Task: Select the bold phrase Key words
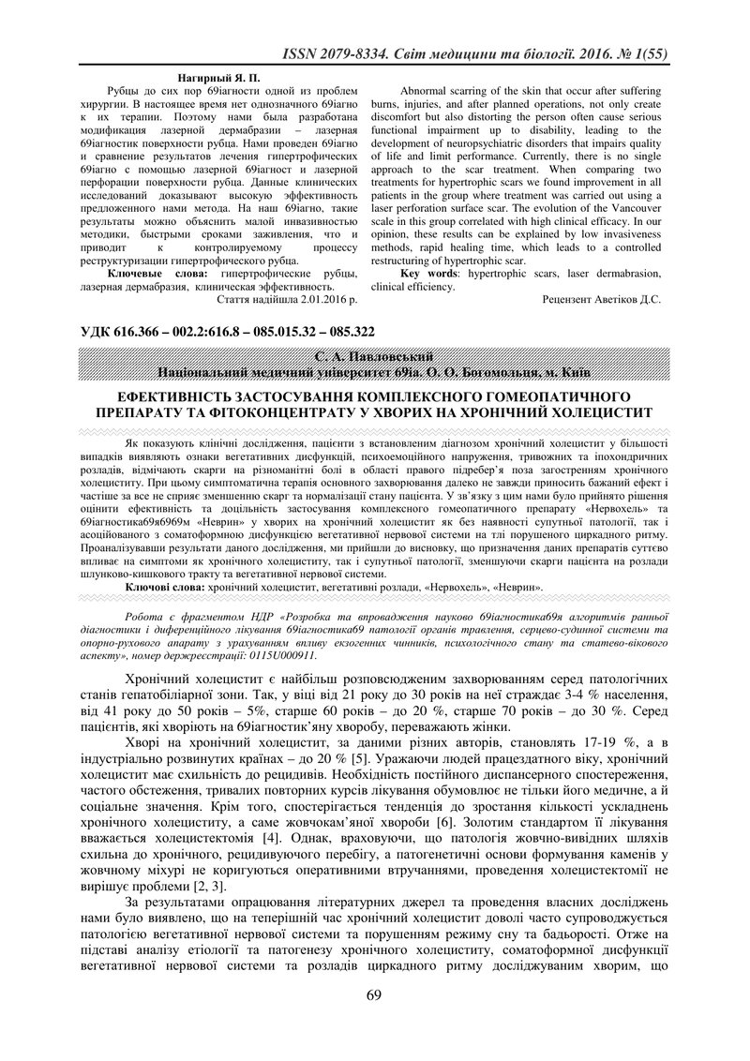coord(429,274)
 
